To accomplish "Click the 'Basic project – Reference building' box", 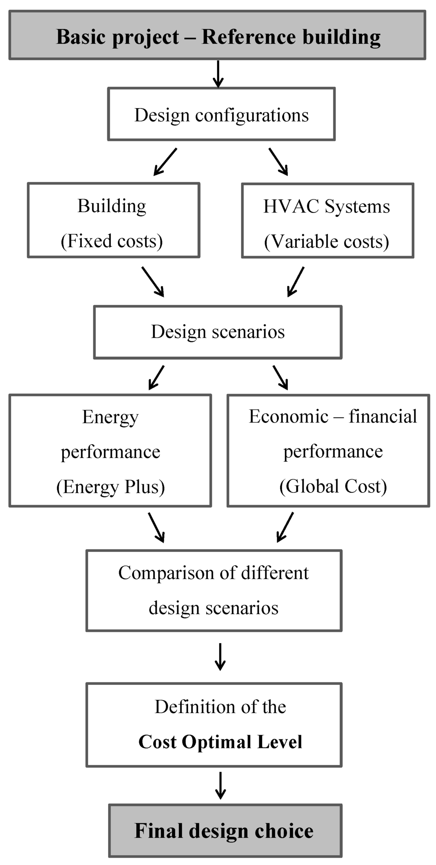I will tap(217, 36).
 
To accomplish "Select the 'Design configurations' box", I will tap(221, 115).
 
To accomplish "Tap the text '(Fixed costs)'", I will tap(112, 241).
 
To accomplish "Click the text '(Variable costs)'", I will tap(327, 241).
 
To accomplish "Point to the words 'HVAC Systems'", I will tap(327, 207).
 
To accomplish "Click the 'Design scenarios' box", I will tap(218, 332).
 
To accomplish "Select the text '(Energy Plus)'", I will tap(110, 486).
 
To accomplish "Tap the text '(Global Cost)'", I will tap(333, 486).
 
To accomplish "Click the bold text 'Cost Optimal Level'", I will tap(220, 741).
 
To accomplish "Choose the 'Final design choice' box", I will tap(225, 831).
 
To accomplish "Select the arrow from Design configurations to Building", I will tap(165, 161).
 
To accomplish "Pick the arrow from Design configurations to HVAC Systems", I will tap(278, 161).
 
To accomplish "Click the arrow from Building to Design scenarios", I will tap(152, 281).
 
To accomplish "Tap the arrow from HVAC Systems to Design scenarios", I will tap(296, 281).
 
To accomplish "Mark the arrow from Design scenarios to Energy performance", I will tap(156, 377).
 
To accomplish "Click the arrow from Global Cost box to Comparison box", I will tap(285, 527).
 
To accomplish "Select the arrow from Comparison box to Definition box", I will tap(220, 656).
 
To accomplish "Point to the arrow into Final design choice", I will tap(220, 785).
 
